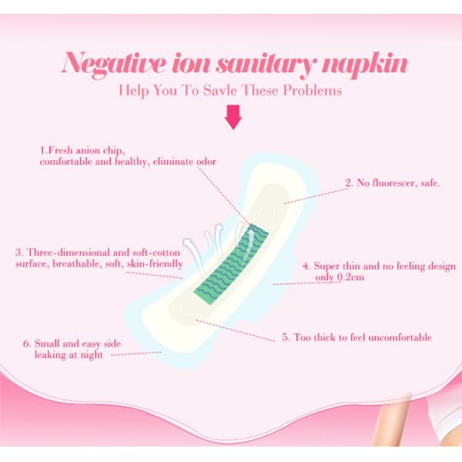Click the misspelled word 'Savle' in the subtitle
(x=220, y=90)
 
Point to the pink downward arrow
(x=233, y=117)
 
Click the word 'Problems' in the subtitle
(x=313, y=90)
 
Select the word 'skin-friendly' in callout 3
(x=155, y=263)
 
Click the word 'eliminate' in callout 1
(x=173, y=162)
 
